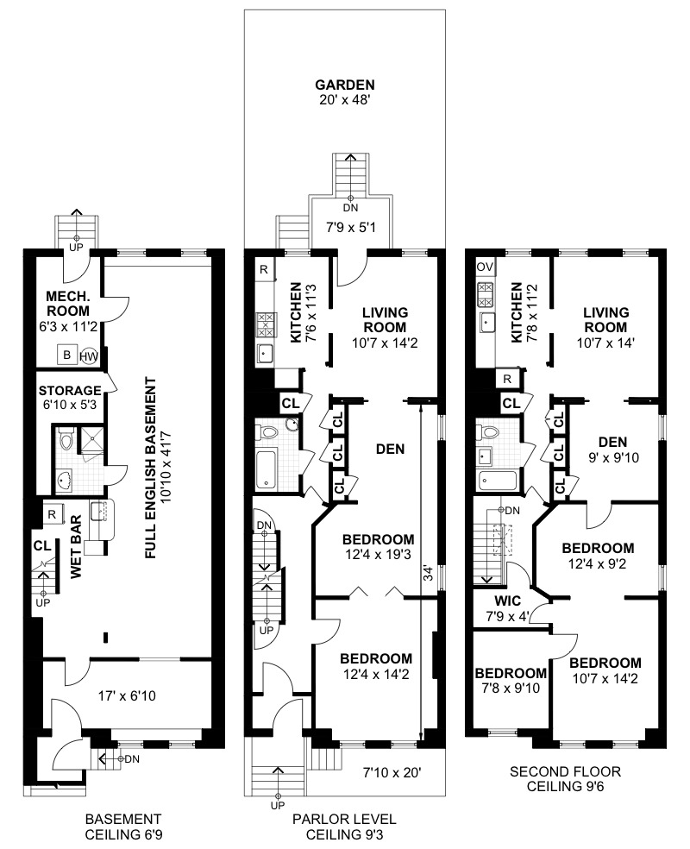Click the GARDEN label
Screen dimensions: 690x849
(x=345, y=85)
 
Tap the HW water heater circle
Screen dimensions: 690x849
(x=89, y=355)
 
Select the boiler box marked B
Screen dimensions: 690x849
(x=66, y=354)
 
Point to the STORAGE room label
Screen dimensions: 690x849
(x=70, y=390)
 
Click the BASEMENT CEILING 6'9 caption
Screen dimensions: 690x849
(x=122, y=827)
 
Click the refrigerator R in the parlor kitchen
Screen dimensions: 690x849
(x=262, y=270)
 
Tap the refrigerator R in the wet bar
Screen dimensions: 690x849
(x=51, y=514)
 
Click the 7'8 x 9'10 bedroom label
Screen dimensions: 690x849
(x=511, y=681)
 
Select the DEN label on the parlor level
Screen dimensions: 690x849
(x=391, y=449)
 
